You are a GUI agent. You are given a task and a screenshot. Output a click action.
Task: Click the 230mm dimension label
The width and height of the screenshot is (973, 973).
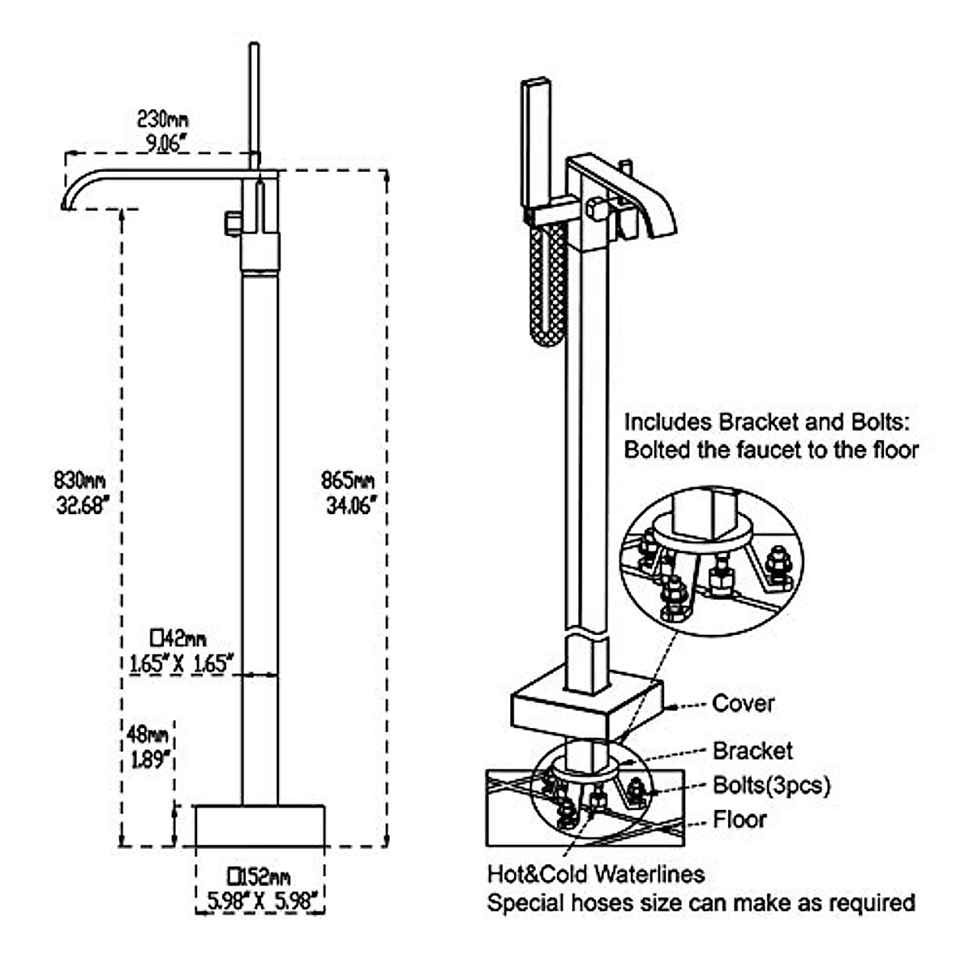click(162, 120)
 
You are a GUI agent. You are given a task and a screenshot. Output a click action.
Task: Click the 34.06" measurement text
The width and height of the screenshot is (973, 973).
click(349, 506)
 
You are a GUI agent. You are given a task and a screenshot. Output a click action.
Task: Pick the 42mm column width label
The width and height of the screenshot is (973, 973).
click(179, 637)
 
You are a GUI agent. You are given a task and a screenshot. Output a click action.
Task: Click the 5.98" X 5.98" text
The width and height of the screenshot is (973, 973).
click(260, 899)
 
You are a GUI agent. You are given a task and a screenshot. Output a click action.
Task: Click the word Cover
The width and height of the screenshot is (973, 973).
click(743, 703)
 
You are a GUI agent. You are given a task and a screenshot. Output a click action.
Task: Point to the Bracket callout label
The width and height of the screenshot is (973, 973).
click(752, 751)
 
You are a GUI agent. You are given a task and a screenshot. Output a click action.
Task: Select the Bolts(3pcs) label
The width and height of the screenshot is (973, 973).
click(771, 785)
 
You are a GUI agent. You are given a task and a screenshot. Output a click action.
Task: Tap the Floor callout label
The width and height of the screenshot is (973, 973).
click(739, 819)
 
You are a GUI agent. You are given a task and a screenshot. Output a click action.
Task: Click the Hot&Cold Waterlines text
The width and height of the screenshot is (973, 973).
click(596, 874)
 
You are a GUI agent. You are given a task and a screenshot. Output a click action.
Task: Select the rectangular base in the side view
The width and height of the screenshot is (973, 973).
click(259, 825)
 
